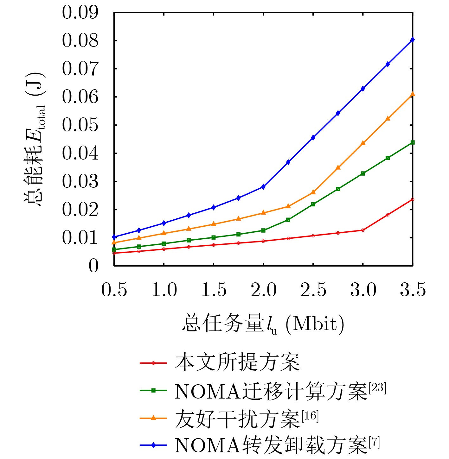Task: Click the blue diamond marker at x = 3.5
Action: [x=412, y=40]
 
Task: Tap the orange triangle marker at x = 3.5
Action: [x=412, y=94]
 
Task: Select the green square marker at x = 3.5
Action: [x=412, y=142]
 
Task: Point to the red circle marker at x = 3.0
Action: [x=363, y=230]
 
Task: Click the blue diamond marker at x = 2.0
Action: [x=263, y=187]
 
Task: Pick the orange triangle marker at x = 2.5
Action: [x=313, y=192]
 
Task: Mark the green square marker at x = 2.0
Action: [x=263, y=230]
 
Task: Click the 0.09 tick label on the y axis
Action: [x=80, y=13]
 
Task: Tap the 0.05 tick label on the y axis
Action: [x=80, y=125]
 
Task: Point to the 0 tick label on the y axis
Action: [x=93, y=266]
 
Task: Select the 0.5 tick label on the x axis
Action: [x=114, y=290]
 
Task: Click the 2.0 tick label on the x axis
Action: [x=263, y=290]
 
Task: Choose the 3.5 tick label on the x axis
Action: [x=413, y=290]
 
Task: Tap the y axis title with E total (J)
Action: [x=35, y=139]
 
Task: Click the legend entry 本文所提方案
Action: [x=237, y=363]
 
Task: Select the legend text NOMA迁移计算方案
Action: [x=271, y=391]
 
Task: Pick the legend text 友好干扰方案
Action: [x=237, y=419]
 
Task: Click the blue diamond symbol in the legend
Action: [x=153, y=445]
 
